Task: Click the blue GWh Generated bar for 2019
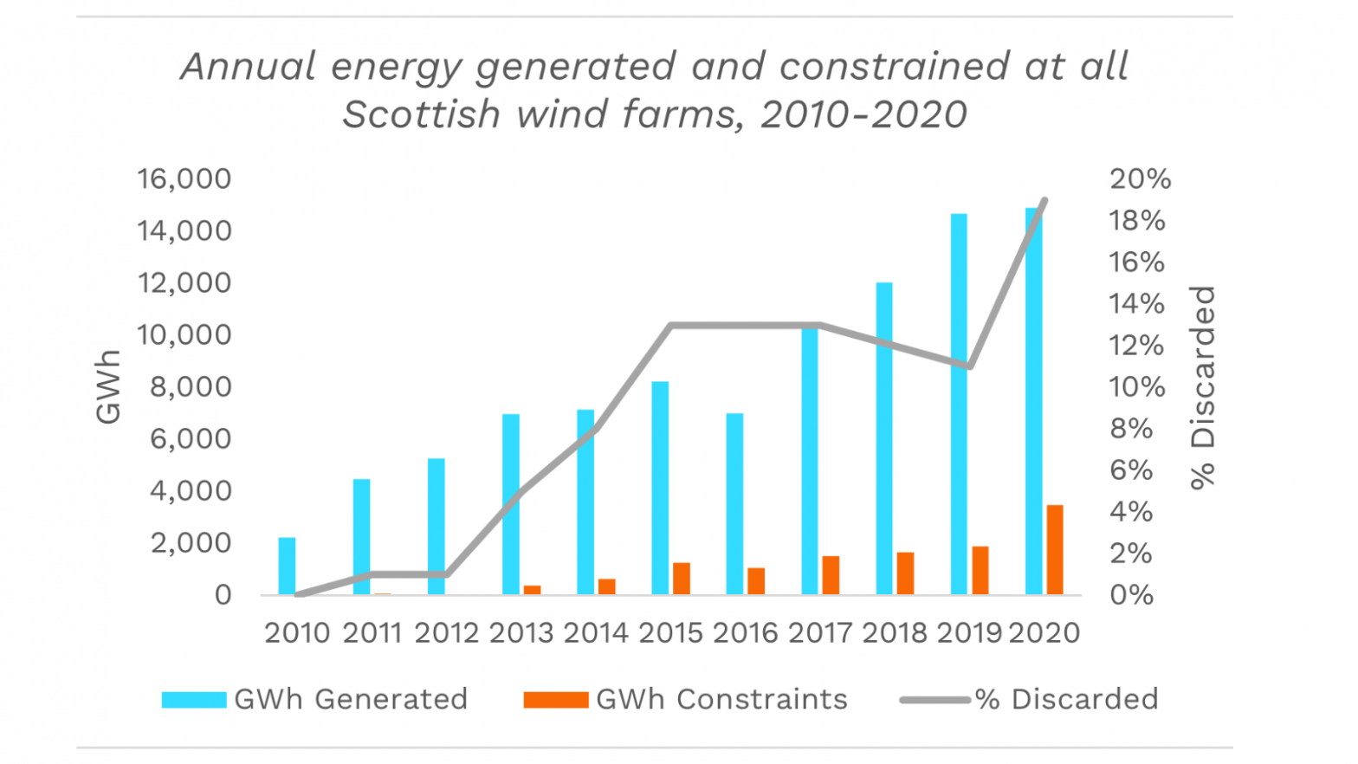pos(959,404)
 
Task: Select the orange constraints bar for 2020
pos(1055,549)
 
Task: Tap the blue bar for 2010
pos(287,566)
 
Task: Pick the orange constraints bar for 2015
pos(682,579)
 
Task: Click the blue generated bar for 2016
pos(734,503)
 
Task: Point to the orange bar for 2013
pos(532,590)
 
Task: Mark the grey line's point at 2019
pos(970,366)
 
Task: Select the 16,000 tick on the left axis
pos(184,179)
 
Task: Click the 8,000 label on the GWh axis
pos(191,387)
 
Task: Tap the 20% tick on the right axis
pos(1140,179)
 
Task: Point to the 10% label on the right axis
pos(1137,387)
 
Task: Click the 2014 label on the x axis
pos(596,633)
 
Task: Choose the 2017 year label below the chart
pos(820,633)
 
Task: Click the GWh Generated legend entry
pos(315,699)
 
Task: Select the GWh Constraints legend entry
pos(686,699)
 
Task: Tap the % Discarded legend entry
pos(1029,699)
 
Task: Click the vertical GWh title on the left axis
pos(108,387)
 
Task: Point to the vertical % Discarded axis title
pos(1203,387)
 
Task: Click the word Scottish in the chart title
pos(422,114)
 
